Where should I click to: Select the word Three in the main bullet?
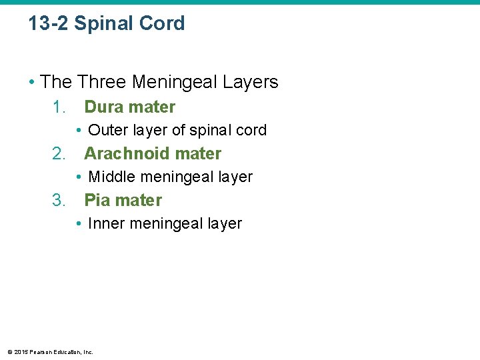[103, 83]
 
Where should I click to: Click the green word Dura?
[103, 107]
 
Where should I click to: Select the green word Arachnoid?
[123, 154]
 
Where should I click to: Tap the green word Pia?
[97, 201]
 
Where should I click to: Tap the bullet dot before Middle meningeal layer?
[79, 177]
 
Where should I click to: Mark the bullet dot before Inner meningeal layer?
[79, 224]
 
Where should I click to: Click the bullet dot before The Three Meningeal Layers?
[32, 83]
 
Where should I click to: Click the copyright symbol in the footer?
[9, 351]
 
